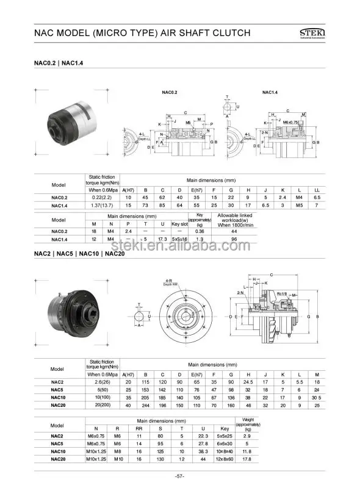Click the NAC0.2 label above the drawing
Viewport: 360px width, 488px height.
click(x=169, y=92)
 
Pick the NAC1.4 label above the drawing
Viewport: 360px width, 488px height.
click(x=270, y=92)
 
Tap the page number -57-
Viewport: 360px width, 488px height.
click(x=179, y=476)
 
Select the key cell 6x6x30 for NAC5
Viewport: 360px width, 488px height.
click(x=226, y=443)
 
